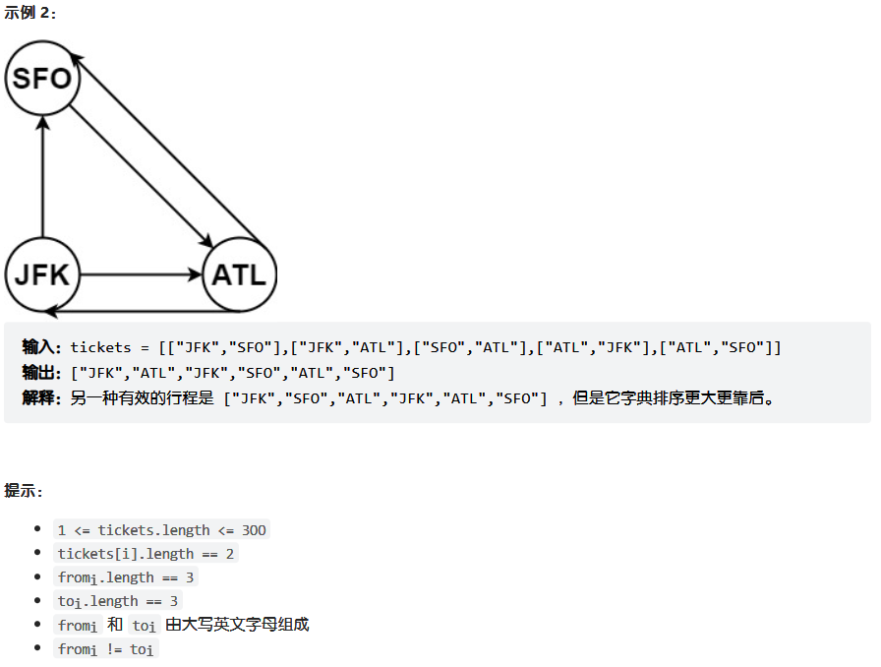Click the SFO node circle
coord(41,78)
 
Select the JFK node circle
coord(42,273)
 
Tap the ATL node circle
coord(239,273)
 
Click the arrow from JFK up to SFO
coord(42,177)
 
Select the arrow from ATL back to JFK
coord(138,311)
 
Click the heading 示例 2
coord(30,13)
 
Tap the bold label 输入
coord(42,347)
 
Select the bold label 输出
coord(42,373)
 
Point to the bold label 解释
coord(42,398)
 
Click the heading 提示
coord(24,490)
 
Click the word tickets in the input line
coord(100,347)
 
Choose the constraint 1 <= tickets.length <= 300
coord(161,529)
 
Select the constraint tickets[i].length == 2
coord(146,554)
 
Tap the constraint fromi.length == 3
coord(126,577)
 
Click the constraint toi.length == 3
coord(119,601)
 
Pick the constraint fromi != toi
coord(106,649)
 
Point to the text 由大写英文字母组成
coord(237,625)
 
